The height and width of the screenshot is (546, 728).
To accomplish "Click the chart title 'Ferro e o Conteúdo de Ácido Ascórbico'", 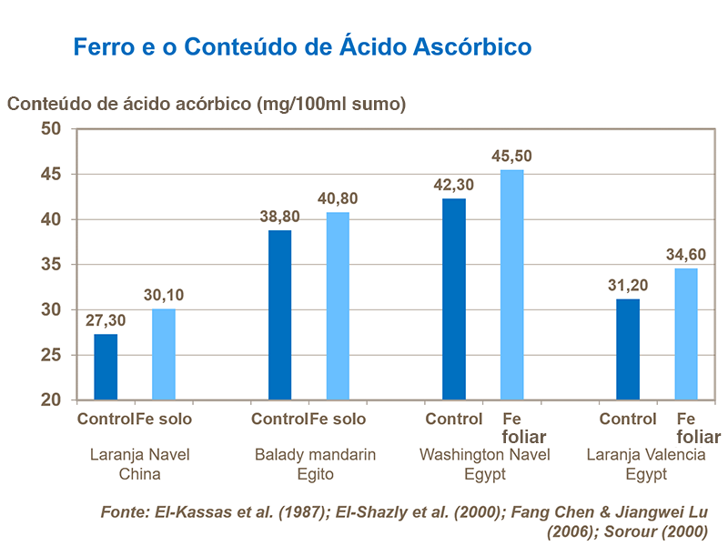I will [301, 46].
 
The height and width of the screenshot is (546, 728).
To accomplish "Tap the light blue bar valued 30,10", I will [163, 354].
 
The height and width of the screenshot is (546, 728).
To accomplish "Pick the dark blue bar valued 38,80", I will [279, 315].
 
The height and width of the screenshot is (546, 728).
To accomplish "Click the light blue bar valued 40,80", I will [338, 306].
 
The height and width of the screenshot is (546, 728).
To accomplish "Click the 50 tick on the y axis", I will [50, 129].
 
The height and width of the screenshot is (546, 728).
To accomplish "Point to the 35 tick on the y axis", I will [50, 265].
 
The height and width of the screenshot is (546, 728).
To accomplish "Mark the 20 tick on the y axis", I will [50, 400].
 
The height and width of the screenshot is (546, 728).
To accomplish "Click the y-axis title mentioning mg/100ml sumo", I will [207, 103].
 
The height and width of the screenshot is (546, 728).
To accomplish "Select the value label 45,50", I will [511, 157].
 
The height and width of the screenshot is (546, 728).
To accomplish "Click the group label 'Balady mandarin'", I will [315, 455].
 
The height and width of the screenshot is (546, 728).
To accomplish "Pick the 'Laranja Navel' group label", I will [139, 455].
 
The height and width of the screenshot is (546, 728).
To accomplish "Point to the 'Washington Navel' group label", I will [484, 455].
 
